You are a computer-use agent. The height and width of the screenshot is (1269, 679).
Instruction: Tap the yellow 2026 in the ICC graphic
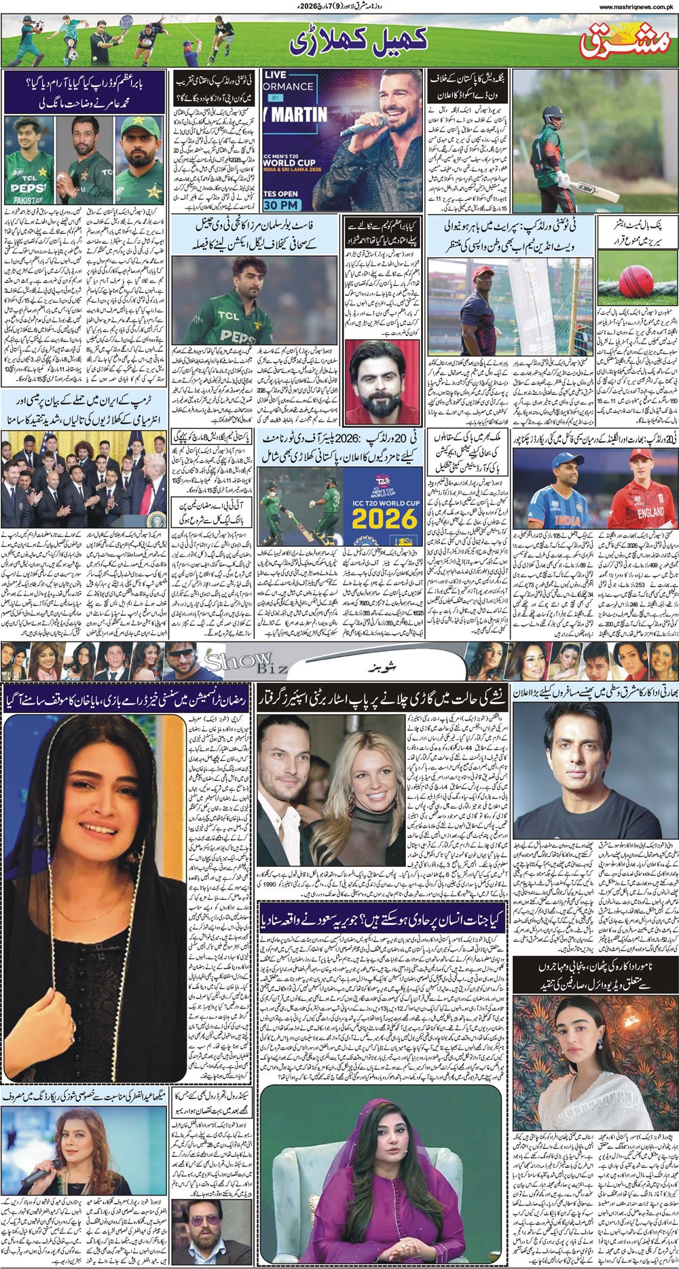pyautogui.click(x=384, y=519)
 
